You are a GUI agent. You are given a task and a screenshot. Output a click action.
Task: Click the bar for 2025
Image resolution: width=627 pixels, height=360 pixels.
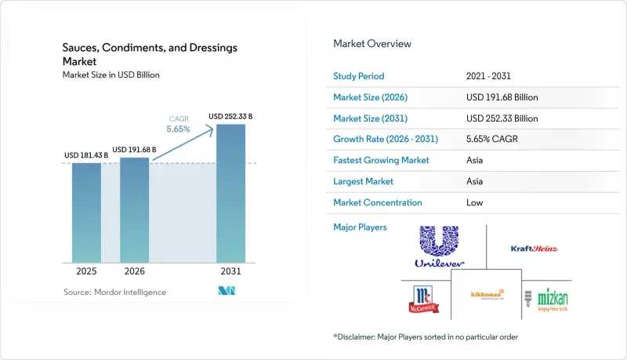(x=86, y=213)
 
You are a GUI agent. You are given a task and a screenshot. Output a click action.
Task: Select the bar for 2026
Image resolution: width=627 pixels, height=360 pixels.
(x=134, y=210)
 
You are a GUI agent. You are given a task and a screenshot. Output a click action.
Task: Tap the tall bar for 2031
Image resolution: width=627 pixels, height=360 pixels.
(x=230, y=194)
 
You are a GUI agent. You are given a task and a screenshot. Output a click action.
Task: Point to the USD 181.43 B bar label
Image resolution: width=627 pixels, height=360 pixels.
(x=86, y=155)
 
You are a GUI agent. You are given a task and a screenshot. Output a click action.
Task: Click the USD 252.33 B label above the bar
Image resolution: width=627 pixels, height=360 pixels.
(x=230, y=116)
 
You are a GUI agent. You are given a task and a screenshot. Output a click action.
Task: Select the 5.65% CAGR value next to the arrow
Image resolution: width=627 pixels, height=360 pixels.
(x=179, y=129)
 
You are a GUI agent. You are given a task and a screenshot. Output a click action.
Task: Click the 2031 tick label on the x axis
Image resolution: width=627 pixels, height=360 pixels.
(x=230, y=271)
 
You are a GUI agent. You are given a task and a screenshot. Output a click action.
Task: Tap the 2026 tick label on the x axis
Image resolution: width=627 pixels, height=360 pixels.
(x=134, y=271)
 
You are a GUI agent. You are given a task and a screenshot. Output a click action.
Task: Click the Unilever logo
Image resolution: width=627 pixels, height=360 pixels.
(x=439, y=246)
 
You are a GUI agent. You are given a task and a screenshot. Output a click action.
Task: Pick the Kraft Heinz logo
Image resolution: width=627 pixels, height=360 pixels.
(x=535, y=249)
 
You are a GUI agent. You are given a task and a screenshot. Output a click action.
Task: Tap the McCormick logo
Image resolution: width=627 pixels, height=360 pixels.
(x=424, y=299)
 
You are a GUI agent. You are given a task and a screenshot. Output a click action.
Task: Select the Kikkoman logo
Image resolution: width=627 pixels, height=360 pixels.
(x=487, y=294)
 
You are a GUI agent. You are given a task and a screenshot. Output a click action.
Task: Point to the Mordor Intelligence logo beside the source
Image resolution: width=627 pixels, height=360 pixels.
(x=227, y=291)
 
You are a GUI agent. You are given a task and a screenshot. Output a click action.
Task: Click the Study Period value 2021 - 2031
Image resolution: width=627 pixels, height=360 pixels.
(x=488, y=76)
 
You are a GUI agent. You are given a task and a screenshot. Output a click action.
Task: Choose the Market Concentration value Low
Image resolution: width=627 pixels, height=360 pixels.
(x=475, y=202)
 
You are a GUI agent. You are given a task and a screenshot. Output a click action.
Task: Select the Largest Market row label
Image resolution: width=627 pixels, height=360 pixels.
(x=363, y=181)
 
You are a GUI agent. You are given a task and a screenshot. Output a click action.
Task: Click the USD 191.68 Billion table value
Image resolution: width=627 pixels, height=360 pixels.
(x=502, y=97)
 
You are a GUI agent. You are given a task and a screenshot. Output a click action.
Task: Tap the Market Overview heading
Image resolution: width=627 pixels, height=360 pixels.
(x=372, y=44)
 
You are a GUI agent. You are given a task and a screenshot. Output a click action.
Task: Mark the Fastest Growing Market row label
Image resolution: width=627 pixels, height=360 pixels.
(x=381, y=160)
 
